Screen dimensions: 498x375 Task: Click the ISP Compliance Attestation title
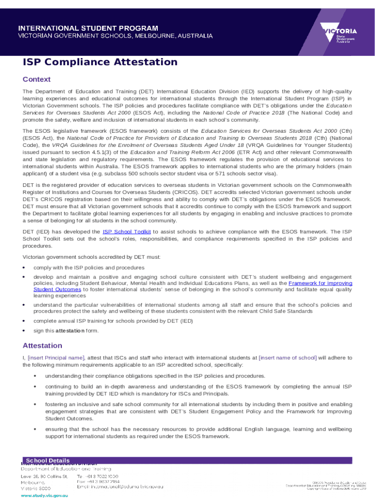[100, 62]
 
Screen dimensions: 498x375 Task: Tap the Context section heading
[37, 79]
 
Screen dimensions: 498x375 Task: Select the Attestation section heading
[42, 346]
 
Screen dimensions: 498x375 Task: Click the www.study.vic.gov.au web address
[44, 495]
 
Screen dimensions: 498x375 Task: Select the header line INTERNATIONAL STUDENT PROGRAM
[88, 28]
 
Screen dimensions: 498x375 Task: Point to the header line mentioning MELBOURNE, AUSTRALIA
[115, 36]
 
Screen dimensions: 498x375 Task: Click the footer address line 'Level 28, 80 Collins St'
[44, 476]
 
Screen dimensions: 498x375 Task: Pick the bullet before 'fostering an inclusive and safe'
[35, 405]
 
